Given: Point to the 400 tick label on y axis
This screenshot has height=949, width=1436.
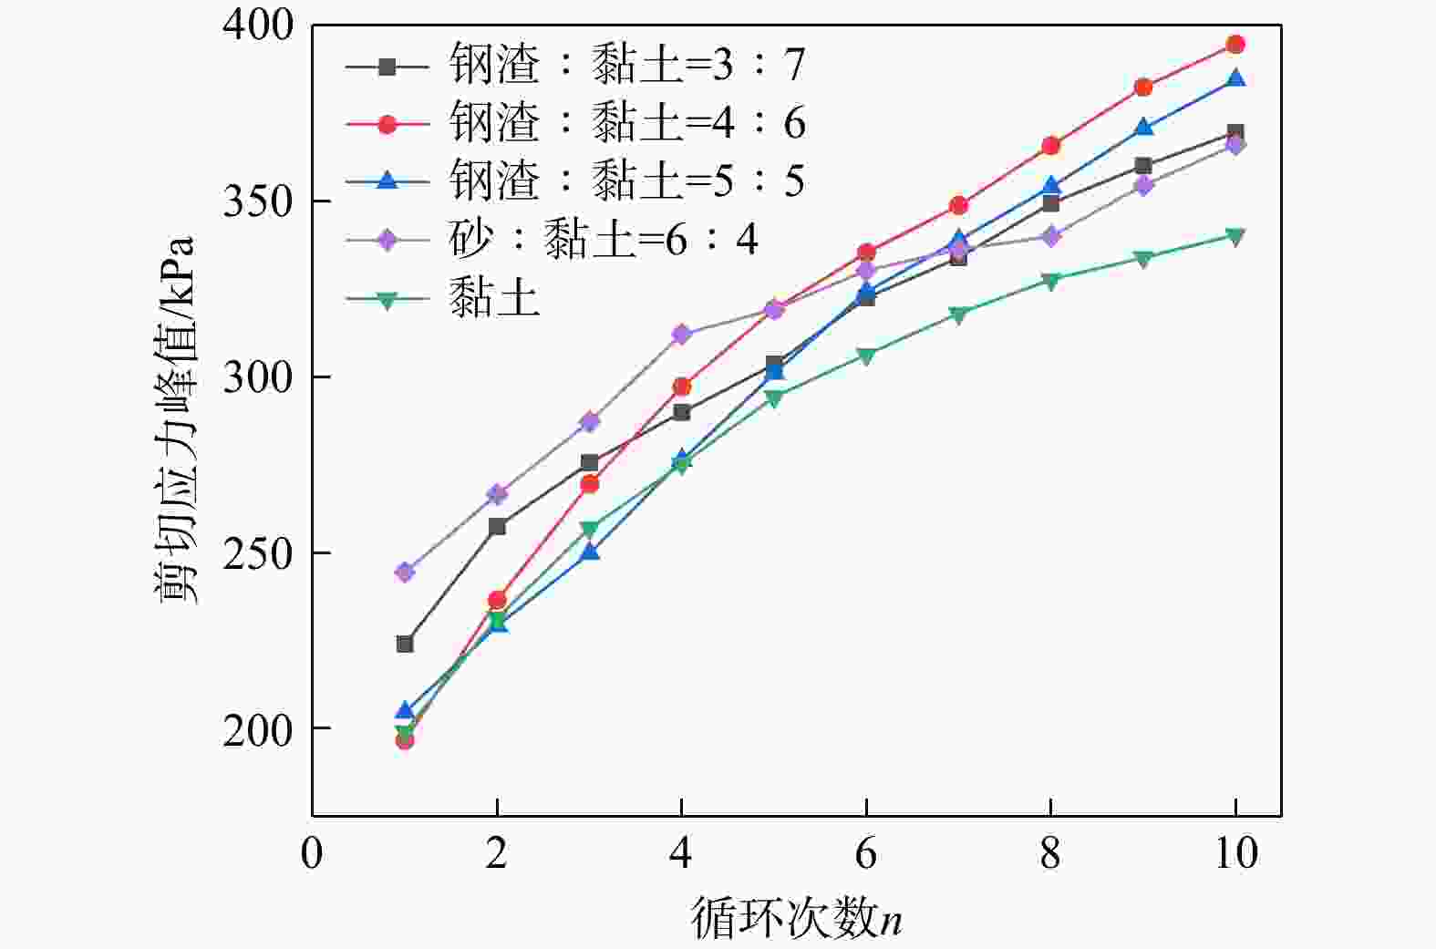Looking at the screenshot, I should (258, 26).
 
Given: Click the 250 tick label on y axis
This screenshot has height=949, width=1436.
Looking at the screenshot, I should (258, 552).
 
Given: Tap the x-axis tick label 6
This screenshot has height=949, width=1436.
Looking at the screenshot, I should (865, 853).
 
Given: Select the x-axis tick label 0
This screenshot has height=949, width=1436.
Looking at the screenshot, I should (312, 853).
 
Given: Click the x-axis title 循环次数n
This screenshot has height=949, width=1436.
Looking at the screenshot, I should (796, 917).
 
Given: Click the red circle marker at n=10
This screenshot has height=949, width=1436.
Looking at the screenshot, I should (1235, 45).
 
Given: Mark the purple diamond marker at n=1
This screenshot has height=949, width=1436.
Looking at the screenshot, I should (405, 572).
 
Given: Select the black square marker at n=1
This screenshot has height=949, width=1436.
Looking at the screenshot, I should (405, 645).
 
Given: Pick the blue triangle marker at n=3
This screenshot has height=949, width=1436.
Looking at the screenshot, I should (590, 552).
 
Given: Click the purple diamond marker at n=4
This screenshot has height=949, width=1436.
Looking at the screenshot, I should (681, 335).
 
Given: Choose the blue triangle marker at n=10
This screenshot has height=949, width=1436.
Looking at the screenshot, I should (1235, 78).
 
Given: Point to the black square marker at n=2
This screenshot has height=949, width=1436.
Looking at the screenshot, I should (497, 527).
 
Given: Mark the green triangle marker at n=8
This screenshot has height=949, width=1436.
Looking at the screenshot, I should (1050, 281).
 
